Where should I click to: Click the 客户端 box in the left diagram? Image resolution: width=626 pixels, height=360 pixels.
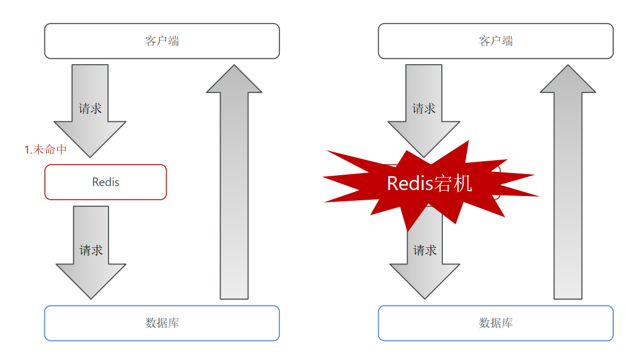coord(162,41)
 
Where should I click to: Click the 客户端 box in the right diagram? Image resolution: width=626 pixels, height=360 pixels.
coord(496,41)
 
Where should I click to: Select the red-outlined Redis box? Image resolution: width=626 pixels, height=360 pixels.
coord(105,182)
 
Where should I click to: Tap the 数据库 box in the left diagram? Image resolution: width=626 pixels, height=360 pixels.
coord(162,323)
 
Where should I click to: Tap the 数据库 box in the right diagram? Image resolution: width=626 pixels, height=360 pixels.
coord(496,323)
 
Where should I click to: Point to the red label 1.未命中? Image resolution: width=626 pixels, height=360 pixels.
coord(45,150)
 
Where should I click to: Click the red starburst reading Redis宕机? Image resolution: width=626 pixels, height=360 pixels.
coord(430,184)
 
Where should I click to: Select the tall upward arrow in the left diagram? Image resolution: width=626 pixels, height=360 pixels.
coord(234,182)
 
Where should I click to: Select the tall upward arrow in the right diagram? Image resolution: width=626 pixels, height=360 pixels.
coord(568,182)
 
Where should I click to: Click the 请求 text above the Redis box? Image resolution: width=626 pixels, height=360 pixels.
coord(90,108)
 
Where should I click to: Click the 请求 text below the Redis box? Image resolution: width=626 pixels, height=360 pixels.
coord(91,251)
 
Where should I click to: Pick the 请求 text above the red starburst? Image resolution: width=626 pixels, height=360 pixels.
coord(424,108)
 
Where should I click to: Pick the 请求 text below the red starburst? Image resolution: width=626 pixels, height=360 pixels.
coord(425,251)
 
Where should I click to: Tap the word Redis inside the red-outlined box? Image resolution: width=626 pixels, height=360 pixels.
coord(106,182)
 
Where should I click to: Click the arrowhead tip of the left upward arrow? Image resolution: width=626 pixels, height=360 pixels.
coord(234,65)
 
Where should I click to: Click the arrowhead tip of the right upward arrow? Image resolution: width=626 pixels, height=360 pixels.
coord(568,65)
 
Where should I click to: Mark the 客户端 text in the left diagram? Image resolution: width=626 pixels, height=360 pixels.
coord(162,41)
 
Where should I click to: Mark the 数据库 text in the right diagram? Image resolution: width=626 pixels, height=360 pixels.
coord(496,323)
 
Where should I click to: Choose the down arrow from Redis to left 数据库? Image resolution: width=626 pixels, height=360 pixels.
coord(91,253)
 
